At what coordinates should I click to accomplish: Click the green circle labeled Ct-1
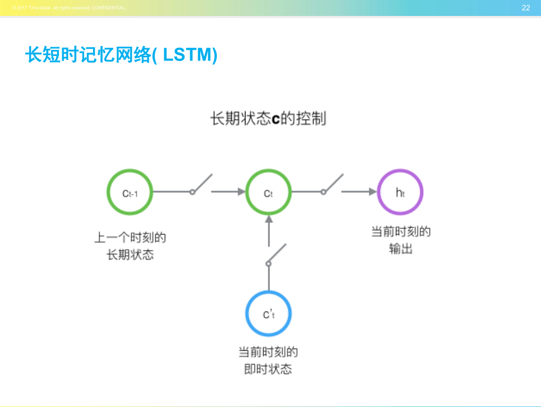130,192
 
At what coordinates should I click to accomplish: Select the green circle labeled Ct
268,192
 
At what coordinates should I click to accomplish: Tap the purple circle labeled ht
400,192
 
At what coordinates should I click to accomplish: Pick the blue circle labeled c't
268,314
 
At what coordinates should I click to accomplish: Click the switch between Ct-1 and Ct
201,185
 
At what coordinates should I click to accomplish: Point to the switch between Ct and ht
332,185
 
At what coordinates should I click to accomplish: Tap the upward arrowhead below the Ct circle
268,219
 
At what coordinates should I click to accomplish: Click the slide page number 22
526,8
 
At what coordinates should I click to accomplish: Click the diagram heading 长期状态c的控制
268,118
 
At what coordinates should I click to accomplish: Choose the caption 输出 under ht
400,249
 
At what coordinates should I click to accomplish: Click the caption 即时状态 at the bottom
268,369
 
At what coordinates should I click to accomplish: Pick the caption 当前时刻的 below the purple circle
400,232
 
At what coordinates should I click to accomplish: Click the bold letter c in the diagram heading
275,119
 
